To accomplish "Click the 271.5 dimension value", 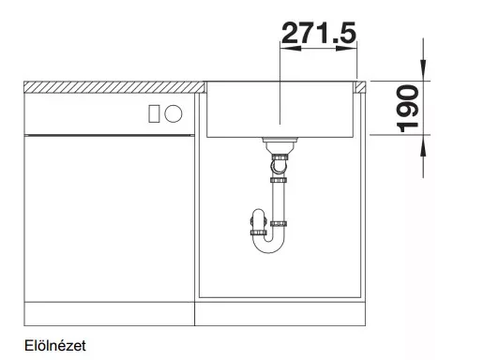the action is pos(319,33).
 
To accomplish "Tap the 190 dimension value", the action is pos(408,109).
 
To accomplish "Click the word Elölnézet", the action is pos(55,345).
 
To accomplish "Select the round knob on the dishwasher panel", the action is pos(174,113).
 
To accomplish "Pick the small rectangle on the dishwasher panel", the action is pos(154,113).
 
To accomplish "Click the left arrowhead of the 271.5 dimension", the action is pos(290,49).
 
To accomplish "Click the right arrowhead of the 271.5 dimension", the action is pos(346,49).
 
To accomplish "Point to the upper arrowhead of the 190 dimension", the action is pos(423,70).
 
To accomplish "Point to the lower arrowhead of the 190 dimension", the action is pos(423,145).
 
